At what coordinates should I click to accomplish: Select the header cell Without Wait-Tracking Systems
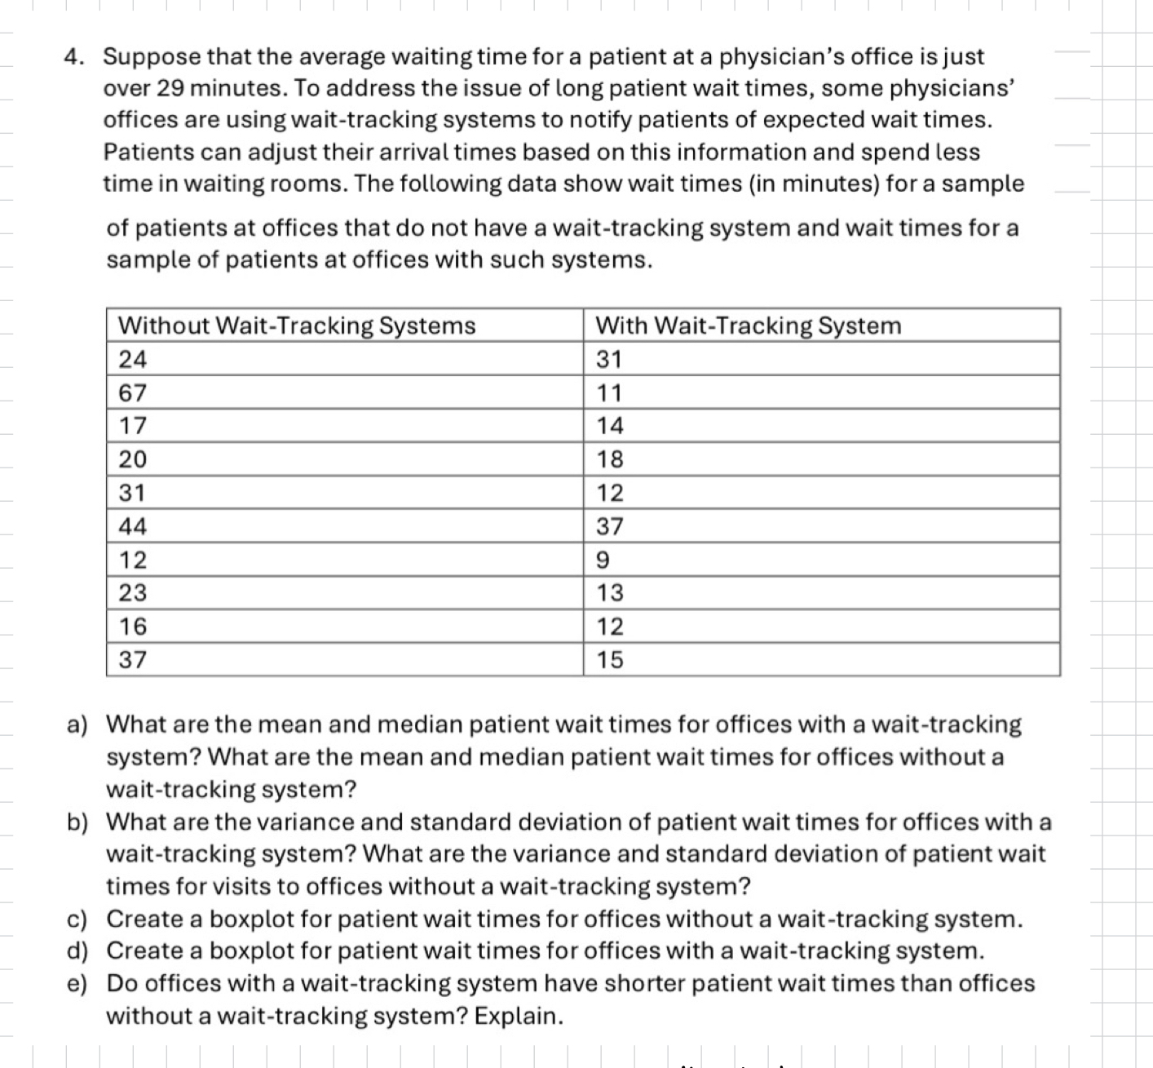pos(297,326)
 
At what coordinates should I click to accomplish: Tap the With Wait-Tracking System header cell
pos(749,326)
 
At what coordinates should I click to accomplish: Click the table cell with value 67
pos(133,393)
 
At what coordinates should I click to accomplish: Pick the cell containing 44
pos(133,527)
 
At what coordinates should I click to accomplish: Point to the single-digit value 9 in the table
pos(603,561)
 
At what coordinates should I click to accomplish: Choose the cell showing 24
pos(133,359)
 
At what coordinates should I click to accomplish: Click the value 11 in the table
pos(609,393)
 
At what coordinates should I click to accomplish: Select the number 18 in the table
pos(610,459)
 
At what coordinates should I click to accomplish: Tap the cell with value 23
pos(133,593)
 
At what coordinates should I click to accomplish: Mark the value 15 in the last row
pos(610,659)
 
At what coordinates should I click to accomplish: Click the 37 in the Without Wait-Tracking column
pos(133,659)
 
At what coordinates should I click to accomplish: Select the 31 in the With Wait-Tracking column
pos(609,359)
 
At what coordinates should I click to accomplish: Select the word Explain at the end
pos(519,1017)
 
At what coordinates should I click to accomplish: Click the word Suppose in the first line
pos(152,57)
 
